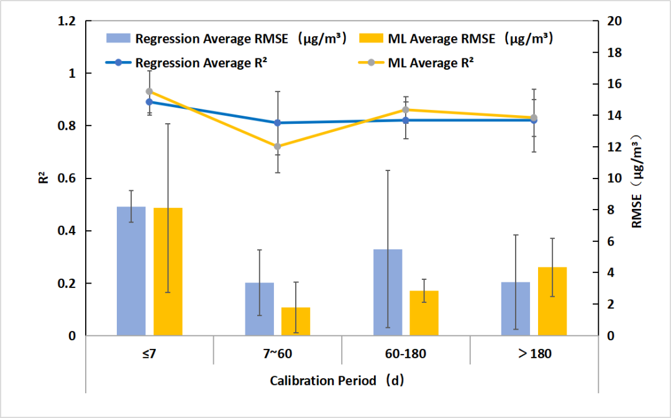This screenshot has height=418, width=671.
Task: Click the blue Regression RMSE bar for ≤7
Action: point(131,271)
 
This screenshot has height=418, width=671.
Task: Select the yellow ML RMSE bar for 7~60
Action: point(296,322)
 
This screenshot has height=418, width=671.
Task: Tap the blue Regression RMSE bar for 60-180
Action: point(388,292)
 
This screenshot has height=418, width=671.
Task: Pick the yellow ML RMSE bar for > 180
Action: point(552,302)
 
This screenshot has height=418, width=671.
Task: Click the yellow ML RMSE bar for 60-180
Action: point(424,313)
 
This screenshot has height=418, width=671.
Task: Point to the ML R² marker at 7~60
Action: point(278,147)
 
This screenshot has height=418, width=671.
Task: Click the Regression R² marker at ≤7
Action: point(149,102)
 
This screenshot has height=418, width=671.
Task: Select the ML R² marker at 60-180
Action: point(406,110)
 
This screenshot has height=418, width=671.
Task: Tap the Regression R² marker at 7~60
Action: point(278,123)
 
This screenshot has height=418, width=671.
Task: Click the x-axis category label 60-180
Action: point(406,354)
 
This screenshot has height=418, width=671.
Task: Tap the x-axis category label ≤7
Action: point(149,354)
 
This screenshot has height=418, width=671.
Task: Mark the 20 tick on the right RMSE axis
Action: point(611,21)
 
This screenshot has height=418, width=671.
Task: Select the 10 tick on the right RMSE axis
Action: point(611,179)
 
